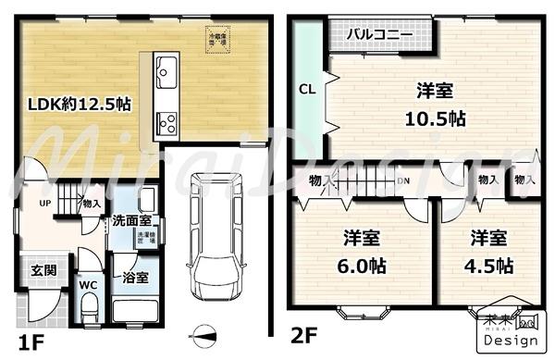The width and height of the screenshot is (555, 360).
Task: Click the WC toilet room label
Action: tap(88, 285)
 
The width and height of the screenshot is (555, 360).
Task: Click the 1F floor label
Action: tap(28, 341)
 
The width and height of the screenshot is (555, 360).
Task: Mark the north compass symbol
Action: tap(204, 333)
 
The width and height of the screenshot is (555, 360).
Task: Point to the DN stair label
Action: tap(401, 181)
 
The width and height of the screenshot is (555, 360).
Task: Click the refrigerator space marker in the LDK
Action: tap(218, 40)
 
